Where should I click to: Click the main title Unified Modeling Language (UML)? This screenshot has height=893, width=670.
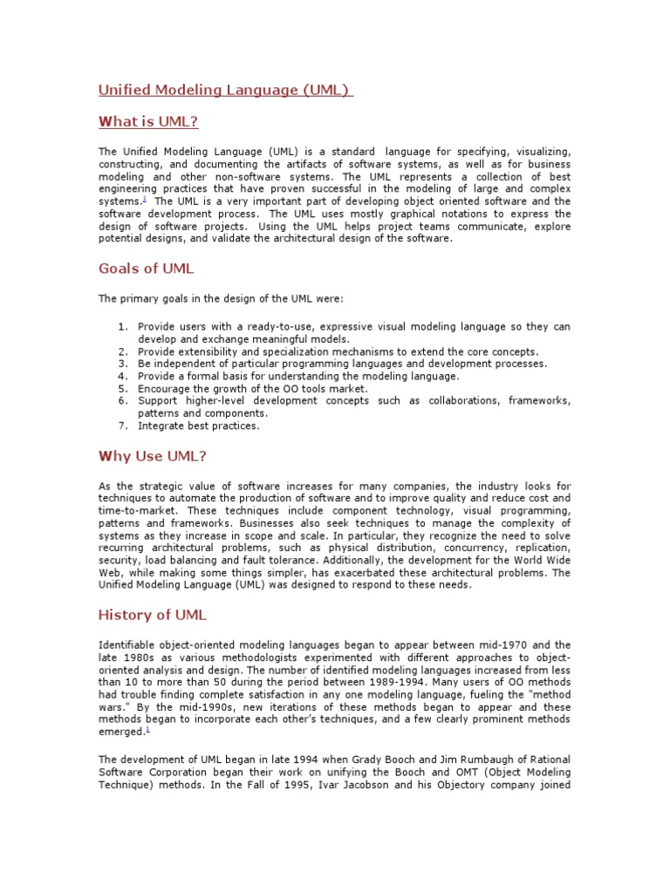click(225, 90)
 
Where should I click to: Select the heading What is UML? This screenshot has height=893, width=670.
click(154, 120)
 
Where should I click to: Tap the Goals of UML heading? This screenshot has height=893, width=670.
click(147, 268)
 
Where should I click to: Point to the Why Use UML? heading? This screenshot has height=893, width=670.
click(152, 455)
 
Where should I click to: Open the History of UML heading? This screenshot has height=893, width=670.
click(153, 615)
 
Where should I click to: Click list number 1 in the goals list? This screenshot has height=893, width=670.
click(122, 326)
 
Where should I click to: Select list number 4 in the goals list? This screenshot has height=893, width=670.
click(122, 376)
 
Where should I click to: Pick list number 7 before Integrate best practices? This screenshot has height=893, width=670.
click(122, 426)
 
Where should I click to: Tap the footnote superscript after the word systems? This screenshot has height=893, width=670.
click(144, 199)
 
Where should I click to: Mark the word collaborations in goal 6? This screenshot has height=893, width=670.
click(465, 400)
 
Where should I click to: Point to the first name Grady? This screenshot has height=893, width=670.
click(362, 759)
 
